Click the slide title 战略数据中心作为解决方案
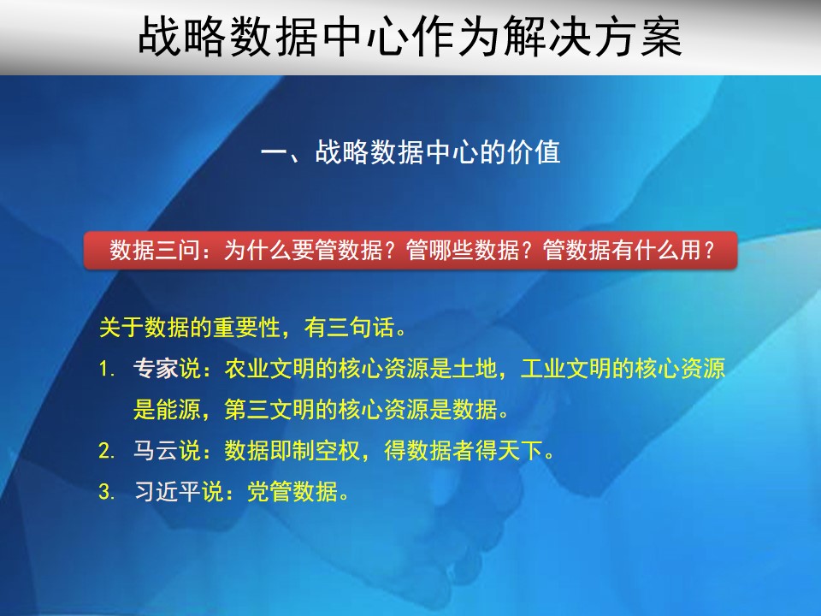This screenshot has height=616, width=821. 410,36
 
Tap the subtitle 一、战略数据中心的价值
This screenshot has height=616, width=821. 410,152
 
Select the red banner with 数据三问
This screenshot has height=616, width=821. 410,250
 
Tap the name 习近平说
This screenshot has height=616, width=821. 179,491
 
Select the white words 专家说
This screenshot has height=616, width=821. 167,369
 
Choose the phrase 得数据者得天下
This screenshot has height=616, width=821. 463,451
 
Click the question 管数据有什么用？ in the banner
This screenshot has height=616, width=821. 629,250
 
